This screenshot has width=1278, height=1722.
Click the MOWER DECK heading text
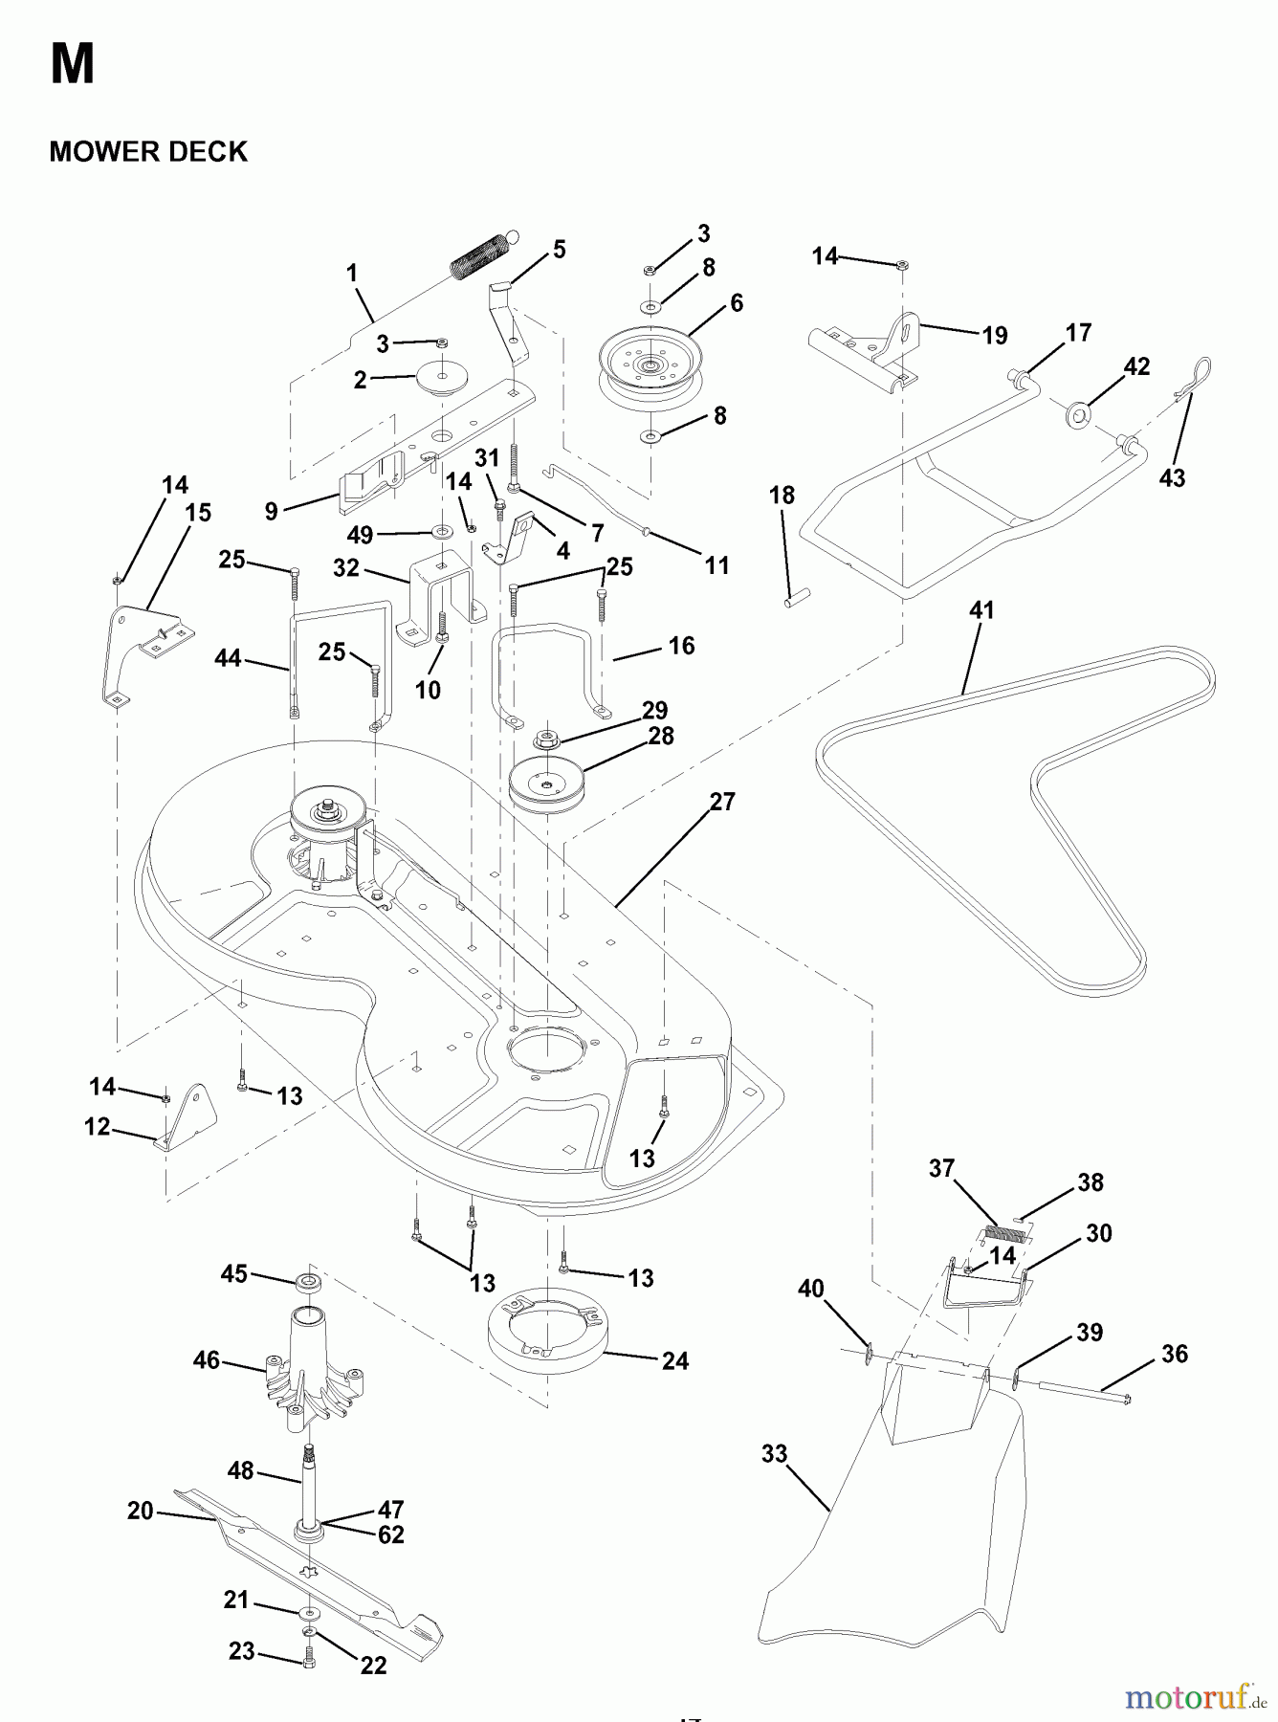coord(148,152)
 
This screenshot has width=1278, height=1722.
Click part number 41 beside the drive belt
coord(981,610)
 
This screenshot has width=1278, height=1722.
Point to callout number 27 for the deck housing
coord(722,802)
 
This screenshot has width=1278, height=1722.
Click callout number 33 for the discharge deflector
coord(774,1454)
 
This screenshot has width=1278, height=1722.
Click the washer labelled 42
coord(1079,415)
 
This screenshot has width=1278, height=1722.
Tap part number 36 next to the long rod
coord(1175,1354)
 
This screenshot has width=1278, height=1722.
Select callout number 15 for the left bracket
coord(198,513)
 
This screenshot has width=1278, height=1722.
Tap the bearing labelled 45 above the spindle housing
coord(309,1282)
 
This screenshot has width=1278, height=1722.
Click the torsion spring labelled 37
coord(1005,1234)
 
